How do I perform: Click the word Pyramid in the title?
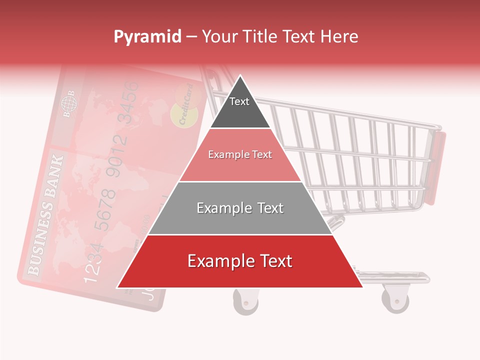(147, 37)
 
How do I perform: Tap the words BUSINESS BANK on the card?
(46, 215)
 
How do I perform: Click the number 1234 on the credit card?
(93, 261)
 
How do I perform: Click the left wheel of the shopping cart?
(246, 301)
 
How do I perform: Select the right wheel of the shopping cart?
(395, 299)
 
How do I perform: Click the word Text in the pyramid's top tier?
(239, 101)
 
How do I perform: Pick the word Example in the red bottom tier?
(219, 261)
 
